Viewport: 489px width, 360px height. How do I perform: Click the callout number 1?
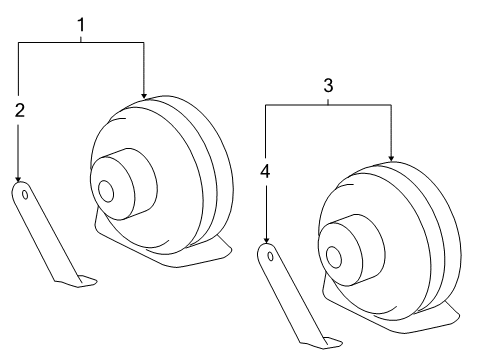coord(81,22)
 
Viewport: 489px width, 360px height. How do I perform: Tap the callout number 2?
coord(19,111)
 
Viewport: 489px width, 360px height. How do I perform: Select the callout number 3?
coord(327,86)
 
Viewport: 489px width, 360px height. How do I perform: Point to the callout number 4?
coord(266,171)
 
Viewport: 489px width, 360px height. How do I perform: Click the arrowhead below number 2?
coord(19,177)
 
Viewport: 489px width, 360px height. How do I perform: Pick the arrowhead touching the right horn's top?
coord(391,157)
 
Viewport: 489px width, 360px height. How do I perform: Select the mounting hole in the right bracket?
coord(270,257)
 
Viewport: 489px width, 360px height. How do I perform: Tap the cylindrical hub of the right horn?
coord(349,245)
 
